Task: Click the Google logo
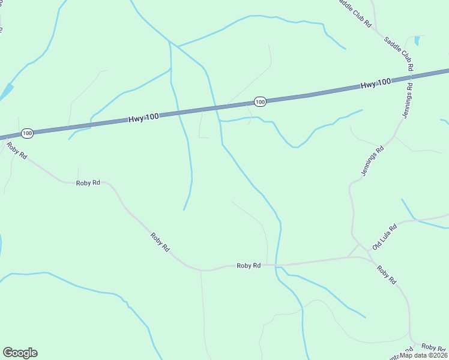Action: click(x=20, y=353)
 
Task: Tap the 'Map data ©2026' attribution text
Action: click(x=424, y=355)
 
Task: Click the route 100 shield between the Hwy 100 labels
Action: click(x=259, y=102)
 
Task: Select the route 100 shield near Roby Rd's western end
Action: click(x=26, y=133)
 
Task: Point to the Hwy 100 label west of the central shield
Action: click(x=143, y=118)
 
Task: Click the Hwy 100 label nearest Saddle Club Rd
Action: click(x=376, y=84)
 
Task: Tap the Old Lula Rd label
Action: click(x=385, y=237)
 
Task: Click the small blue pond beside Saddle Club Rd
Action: click(x=417, y=41)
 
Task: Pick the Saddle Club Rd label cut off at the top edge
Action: click(x=355, y=12)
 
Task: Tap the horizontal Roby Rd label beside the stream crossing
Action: click(x=249, y=265)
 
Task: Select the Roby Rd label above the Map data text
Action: click(x=433, y=347)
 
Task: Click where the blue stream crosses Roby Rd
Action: click(x=276, y=265)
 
